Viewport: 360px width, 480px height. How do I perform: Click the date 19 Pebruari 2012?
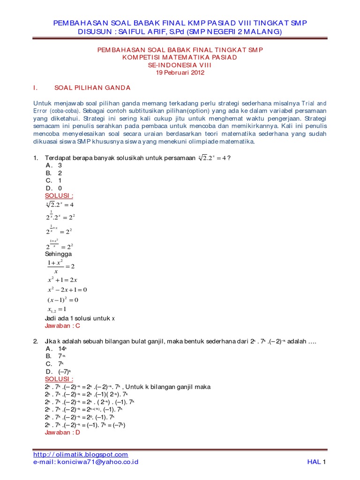[180, 73]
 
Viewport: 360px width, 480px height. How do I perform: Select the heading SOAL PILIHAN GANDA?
[92, 88]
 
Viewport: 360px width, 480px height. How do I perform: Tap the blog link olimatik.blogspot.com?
[81, 454]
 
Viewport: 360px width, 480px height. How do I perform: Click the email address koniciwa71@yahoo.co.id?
[86, 462]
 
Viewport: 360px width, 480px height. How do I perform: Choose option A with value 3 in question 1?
[54, 165]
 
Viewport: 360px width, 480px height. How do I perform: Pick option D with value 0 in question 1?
[54, 188]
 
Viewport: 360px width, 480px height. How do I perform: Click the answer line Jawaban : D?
[62, 432]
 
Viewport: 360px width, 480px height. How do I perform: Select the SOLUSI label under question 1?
[59, 195]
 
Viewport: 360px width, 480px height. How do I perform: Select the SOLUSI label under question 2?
[59, 379]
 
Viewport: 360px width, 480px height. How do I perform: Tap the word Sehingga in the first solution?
[58, 253]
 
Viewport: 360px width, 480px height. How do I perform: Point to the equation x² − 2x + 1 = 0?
[67, 289]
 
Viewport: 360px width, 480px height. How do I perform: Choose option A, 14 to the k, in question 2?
[57, 349]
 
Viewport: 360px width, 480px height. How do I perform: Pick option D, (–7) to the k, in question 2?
[57, 371]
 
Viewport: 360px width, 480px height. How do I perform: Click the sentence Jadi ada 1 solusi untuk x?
[79, 318]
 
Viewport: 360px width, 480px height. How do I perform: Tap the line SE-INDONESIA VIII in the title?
[180, 65]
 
